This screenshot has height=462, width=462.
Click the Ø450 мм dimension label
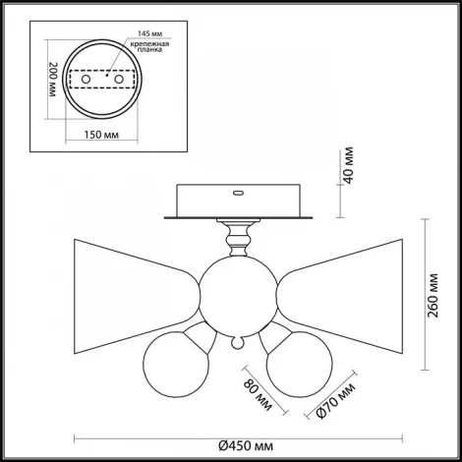(x=246, y=446)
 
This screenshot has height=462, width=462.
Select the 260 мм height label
(x=433, y=295)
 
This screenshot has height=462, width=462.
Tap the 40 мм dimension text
(x=349, y=165)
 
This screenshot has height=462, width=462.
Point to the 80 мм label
(x=258, y=395)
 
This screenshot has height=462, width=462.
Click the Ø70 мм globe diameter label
(x=336, y=401)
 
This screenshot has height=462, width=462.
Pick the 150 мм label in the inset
(x=101, y=135)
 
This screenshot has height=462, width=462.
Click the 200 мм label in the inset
(x=52, y=79)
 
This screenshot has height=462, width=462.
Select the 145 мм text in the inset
(x=149, y=33)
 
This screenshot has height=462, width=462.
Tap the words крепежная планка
(x=149, y=46)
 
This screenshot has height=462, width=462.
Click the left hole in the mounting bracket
(x=86, y=79)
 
